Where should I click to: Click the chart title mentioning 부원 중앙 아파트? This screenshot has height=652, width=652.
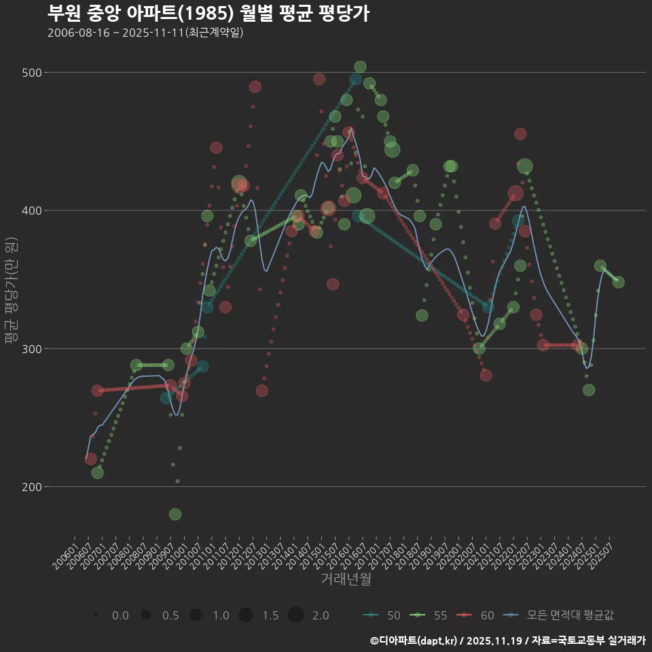(x=209, y=13)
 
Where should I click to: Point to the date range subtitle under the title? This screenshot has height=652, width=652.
(x=145, y=33)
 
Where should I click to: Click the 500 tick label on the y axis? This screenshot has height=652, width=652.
(x=33, y=73)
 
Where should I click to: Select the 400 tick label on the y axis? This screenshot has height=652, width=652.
(x=33, y=211)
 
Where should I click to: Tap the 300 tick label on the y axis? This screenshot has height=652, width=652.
(x=33, y=349)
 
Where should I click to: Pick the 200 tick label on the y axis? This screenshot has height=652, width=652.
(x=33, y=487)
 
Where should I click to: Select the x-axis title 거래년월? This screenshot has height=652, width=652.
(x=346, y=579)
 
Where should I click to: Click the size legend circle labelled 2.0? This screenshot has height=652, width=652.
(x=295, y=615)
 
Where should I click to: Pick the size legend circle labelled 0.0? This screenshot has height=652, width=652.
(x=96, y=615)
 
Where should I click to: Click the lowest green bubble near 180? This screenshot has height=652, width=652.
(x=175, y=514)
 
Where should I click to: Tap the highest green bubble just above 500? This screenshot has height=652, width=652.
(x=360, y=67)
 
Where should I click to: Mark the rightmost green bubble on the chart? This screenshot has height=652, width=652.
(x=619, y=283)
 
